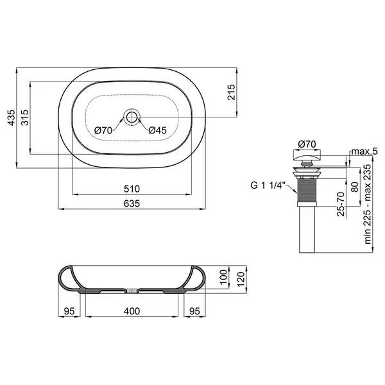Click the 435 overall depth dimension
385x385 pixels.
click(x=12, y=117)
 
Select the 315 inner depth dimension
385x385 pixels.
click(x=25, y=117)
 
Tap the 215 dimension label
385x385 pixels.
click(x=231, y=92)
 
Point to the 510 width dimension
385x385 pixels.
click(x=132, y=189)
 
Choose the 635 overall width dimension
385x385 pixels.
click(x=132, y=203)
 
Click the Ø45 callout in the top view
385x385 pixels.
click(x=157, y=130)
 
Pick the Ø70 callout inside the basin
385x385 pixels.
click(x=103, y=130)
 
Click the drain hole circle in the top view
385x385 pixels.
click(x=132, y=117)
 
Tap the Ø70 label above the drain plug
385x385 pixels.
click(x=307, y=144)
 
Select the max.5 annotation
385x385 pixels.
click(x=364, y=151)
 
